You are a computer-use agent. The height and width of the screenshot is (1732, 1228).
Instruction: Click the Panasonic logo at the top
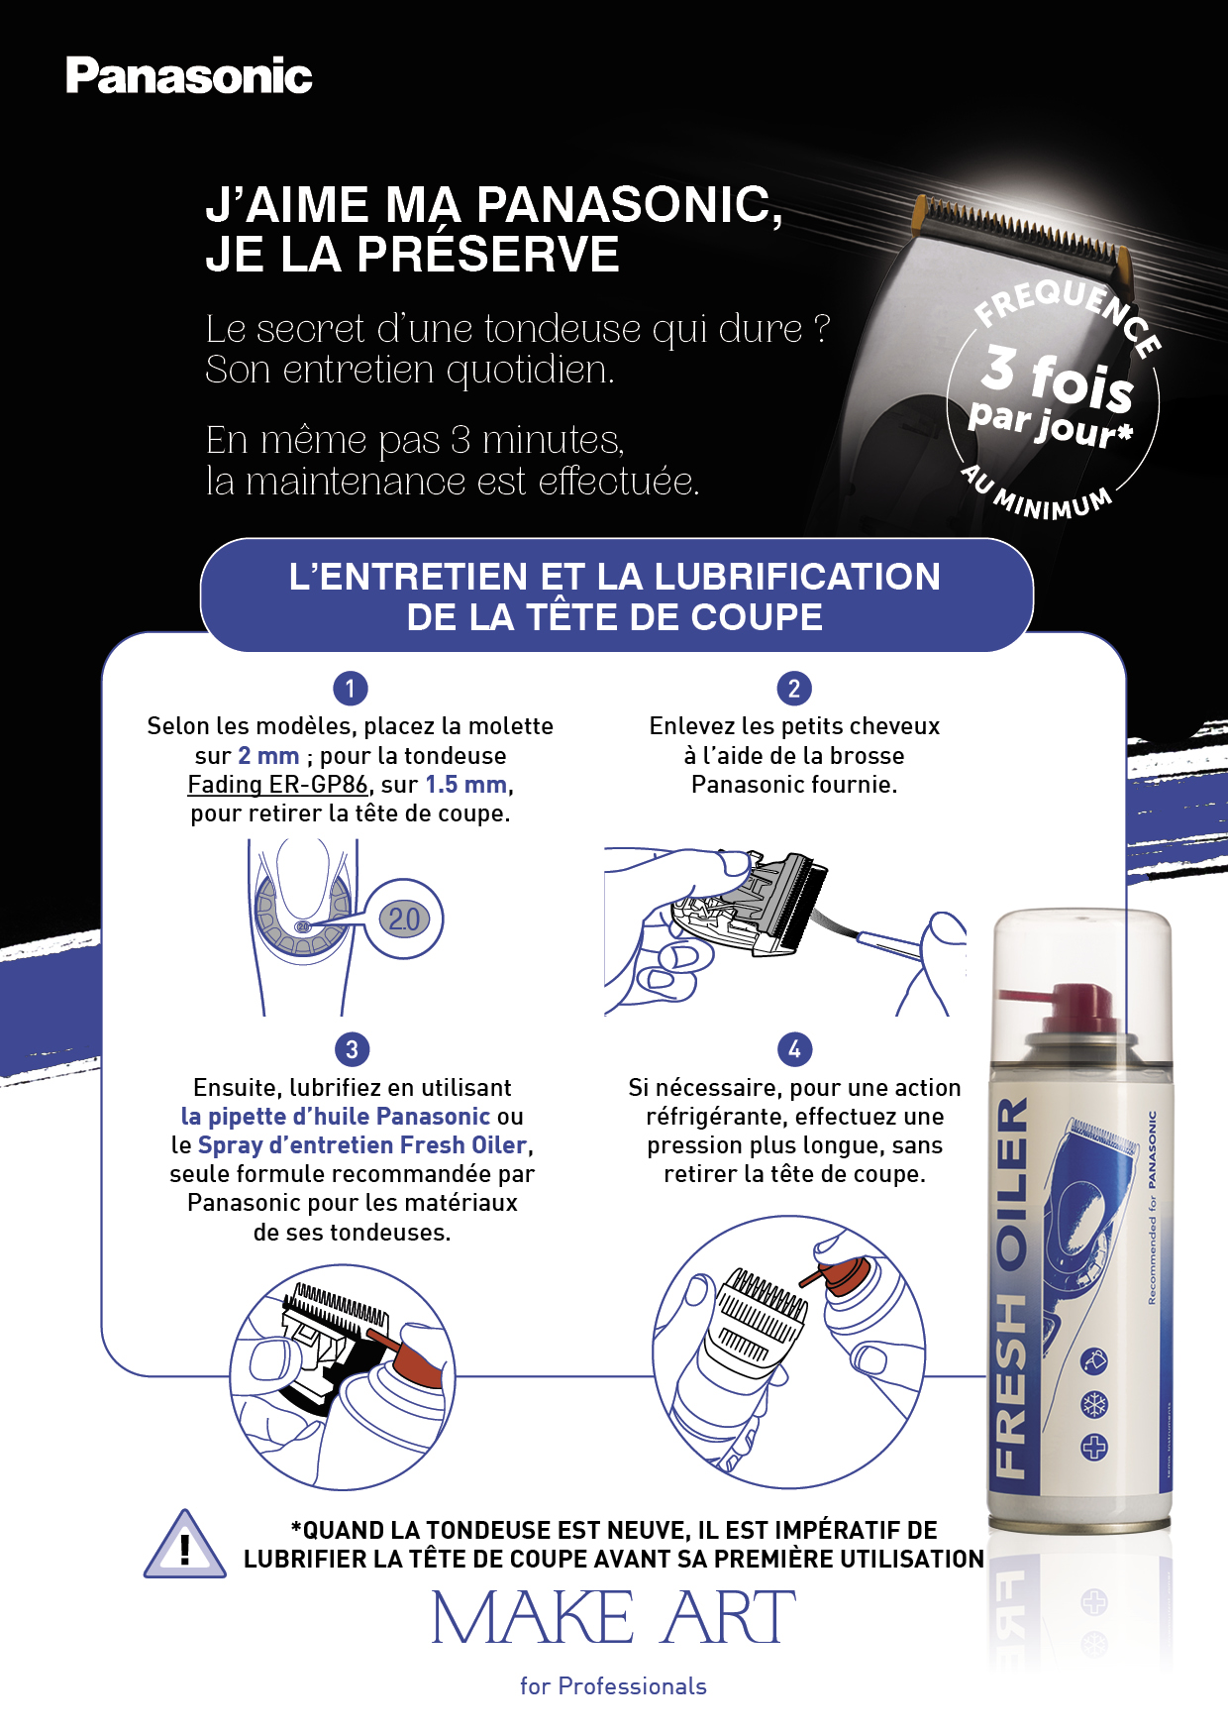point(189,76)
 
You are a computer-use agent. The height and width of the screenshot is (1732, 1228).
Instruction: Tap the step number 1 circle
point(351,688)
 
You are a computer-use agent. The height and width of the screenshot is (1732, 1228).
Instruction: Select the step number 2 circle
point(794,688)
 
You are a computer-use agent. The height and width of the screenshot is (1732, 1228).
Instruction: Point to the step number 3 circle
point(352,1048)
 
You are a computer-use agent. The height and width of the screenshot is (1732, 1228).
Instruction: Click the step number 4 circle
point(794,1048)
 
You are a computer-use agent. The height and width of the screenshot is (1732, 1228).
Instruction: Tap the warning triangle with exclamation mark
point(185,1545)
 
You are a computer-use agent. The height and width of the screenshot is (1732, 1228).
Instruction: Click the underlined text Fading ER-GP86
point(278,785)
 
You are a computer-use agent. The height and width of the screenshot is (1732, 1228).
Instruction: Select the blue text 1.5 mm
point(466,785)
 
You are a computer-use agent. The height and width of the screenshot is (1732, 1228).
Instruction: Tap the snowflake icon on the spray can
point(1094,1404)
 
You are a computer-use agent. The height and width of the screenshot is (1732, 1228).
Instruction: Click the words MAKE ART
point(614,1618)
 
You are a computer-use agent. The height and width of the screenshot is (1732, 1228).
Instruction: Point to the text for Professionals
point(613,1686)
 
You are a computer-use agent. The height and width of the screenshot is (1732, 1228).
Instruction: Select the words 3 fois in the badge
point(1058,377)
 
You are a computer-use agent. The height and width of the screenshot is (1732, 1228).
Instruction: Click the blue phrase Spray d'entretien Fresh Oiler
point(362,1145)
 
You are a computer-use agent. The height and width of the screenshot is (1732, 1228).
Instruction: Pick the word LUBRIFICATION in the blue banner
point(797,577)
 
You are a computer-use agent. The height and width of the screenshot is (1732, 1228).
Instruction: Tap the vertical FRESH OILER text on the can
point(1010,1287)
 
